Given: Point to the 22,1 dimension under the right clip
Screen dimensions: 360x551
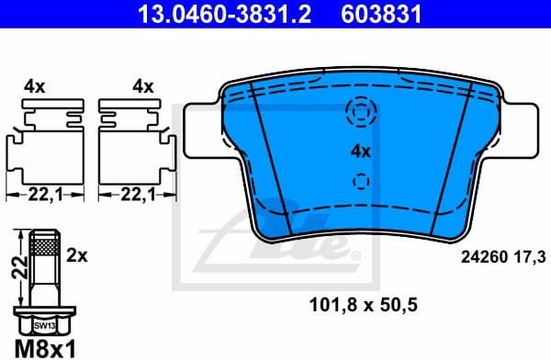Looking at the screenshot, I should (134, 195).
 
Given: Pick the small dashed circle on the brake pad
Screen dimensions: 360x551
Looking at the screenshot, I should (361, 180).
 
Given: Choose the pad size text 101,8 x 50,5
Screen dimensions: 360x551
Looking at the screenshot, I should (359, 302).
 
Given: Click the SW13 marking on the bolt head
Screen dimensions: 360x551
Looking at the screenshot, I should (43, 325).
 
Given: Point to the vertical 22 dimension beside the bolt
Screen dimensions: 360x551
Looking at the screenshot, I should (15, 269).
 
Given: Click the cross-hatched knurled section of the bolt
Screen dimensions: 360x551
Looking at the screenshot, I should (43, 244).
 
